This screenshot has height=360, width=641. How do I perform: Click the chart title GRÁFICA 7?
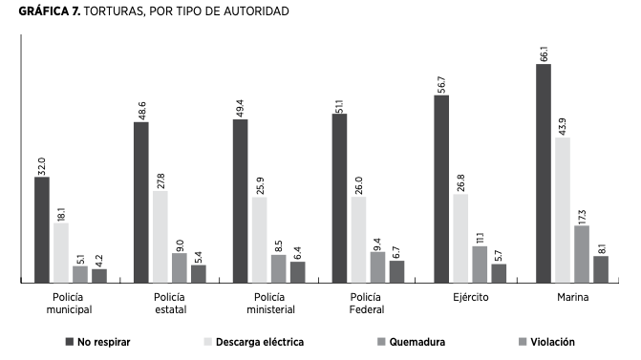[x=143, y=11]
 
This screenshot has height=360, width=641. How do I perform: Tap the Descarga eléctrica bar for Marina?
[x=563, y=210]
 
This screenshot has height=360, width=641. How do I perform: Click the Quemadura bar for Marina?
[x=582, y=254]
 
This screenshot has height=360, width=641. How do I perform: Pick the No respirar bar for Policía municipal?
[x=42, y=230]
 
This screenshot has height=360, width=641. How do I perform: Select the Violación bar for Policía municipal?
[x=99, y=276]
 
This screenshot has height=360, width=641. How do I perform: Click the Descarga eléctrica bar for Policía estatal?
[x=160, y=237]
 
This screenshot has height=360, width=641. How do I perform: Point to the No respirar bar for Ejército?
[x=441, y=189]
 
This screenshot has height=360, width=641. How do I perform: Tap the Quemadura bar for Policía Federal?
[x=377, y=267]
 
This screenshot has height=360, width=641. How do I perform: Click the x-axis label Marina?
[x=572, y=298]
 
